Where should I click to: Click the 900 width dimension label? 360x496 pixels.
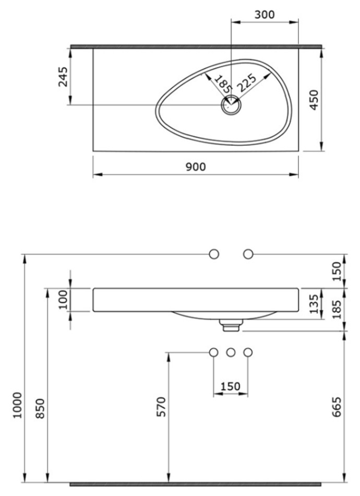pyautogui.click(x=196, y=167)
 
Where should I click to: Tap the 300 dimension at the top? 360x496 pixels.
pyautogui.click(x=265, y=15)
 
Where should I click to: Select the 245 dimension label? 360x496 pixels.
pyautogui.click(x=63, y=77)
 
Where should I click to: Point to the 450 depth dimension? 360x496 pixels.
pyautogui.click(x=314, y=100)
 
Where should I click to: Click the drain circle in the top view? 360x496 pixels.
pyautogui.click(x=231, y=105)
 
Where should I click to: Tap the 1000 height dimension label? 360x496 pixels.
pyautogui.click(x=17, y=405)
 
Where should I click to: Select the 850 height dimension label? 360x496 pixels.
pyautogui.click(x=40, y=409)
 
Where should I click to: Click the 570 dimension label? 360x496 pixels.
pyautogui.click(x=161, y=407)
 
